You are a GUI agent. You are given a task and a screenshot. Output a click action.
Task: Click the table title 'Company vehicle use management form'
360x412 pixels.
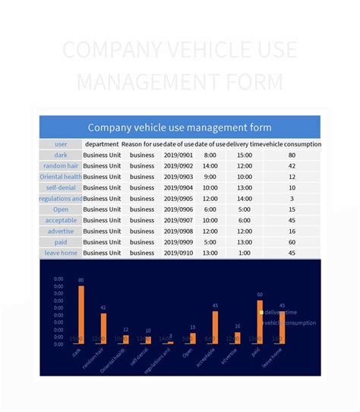click(179, 127)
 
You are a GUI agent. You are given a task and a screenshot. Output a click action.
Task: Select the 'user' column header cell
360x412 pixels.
click(61, 144)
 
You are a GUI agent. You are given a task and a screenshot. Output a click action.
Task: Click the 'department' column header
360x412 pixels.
click(102, 144)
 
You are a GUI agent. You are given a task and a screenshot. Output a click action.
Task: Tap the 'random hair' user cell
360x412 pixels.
click(61, 166)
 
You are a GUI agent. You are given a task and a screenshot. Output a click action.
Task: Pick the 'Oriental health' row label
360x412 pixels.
click(61, 177)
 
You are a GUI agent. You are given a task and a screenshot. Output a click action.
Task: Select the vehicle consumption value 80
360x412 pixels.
click(292, 156)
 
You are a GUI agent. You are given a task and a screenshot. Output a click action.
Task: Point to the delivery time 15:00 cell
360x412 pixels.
click(244, 156)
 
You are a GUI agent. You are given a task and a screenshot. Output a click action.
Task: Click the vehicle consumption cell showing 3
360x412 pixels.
click(292, 199)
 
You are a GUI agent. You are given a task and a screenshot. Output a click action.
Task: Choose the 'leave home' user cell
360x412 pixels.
click(61, 253)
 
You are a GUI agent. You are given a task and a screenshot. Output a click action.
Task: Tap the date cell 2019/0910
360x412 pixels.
click(179, 253)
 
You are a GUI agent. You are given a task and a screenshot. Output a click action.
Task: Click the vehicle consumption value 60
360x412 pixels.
click(292, 242)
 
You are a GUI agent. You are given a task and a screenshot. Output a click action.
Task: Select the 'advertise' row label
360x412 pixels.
click(61, 231)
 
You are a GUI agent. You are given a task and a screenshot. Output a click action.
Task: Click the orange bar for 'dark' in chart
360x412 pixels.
click(81, 314)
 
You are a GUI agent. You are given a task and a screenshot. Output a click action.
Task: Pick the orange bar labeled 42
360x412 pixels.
click(104, 328)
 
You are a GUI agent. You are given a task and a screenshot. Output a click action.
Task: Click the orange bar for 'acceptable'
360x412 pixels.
click(215, 327)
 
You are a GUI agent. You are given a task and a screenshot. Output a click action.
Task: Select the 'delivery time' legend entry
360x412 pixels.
click(279, 313)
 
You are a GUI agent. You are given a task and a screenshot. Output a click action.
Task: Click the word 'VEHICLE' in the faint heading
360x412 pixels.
click(210, 50)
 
